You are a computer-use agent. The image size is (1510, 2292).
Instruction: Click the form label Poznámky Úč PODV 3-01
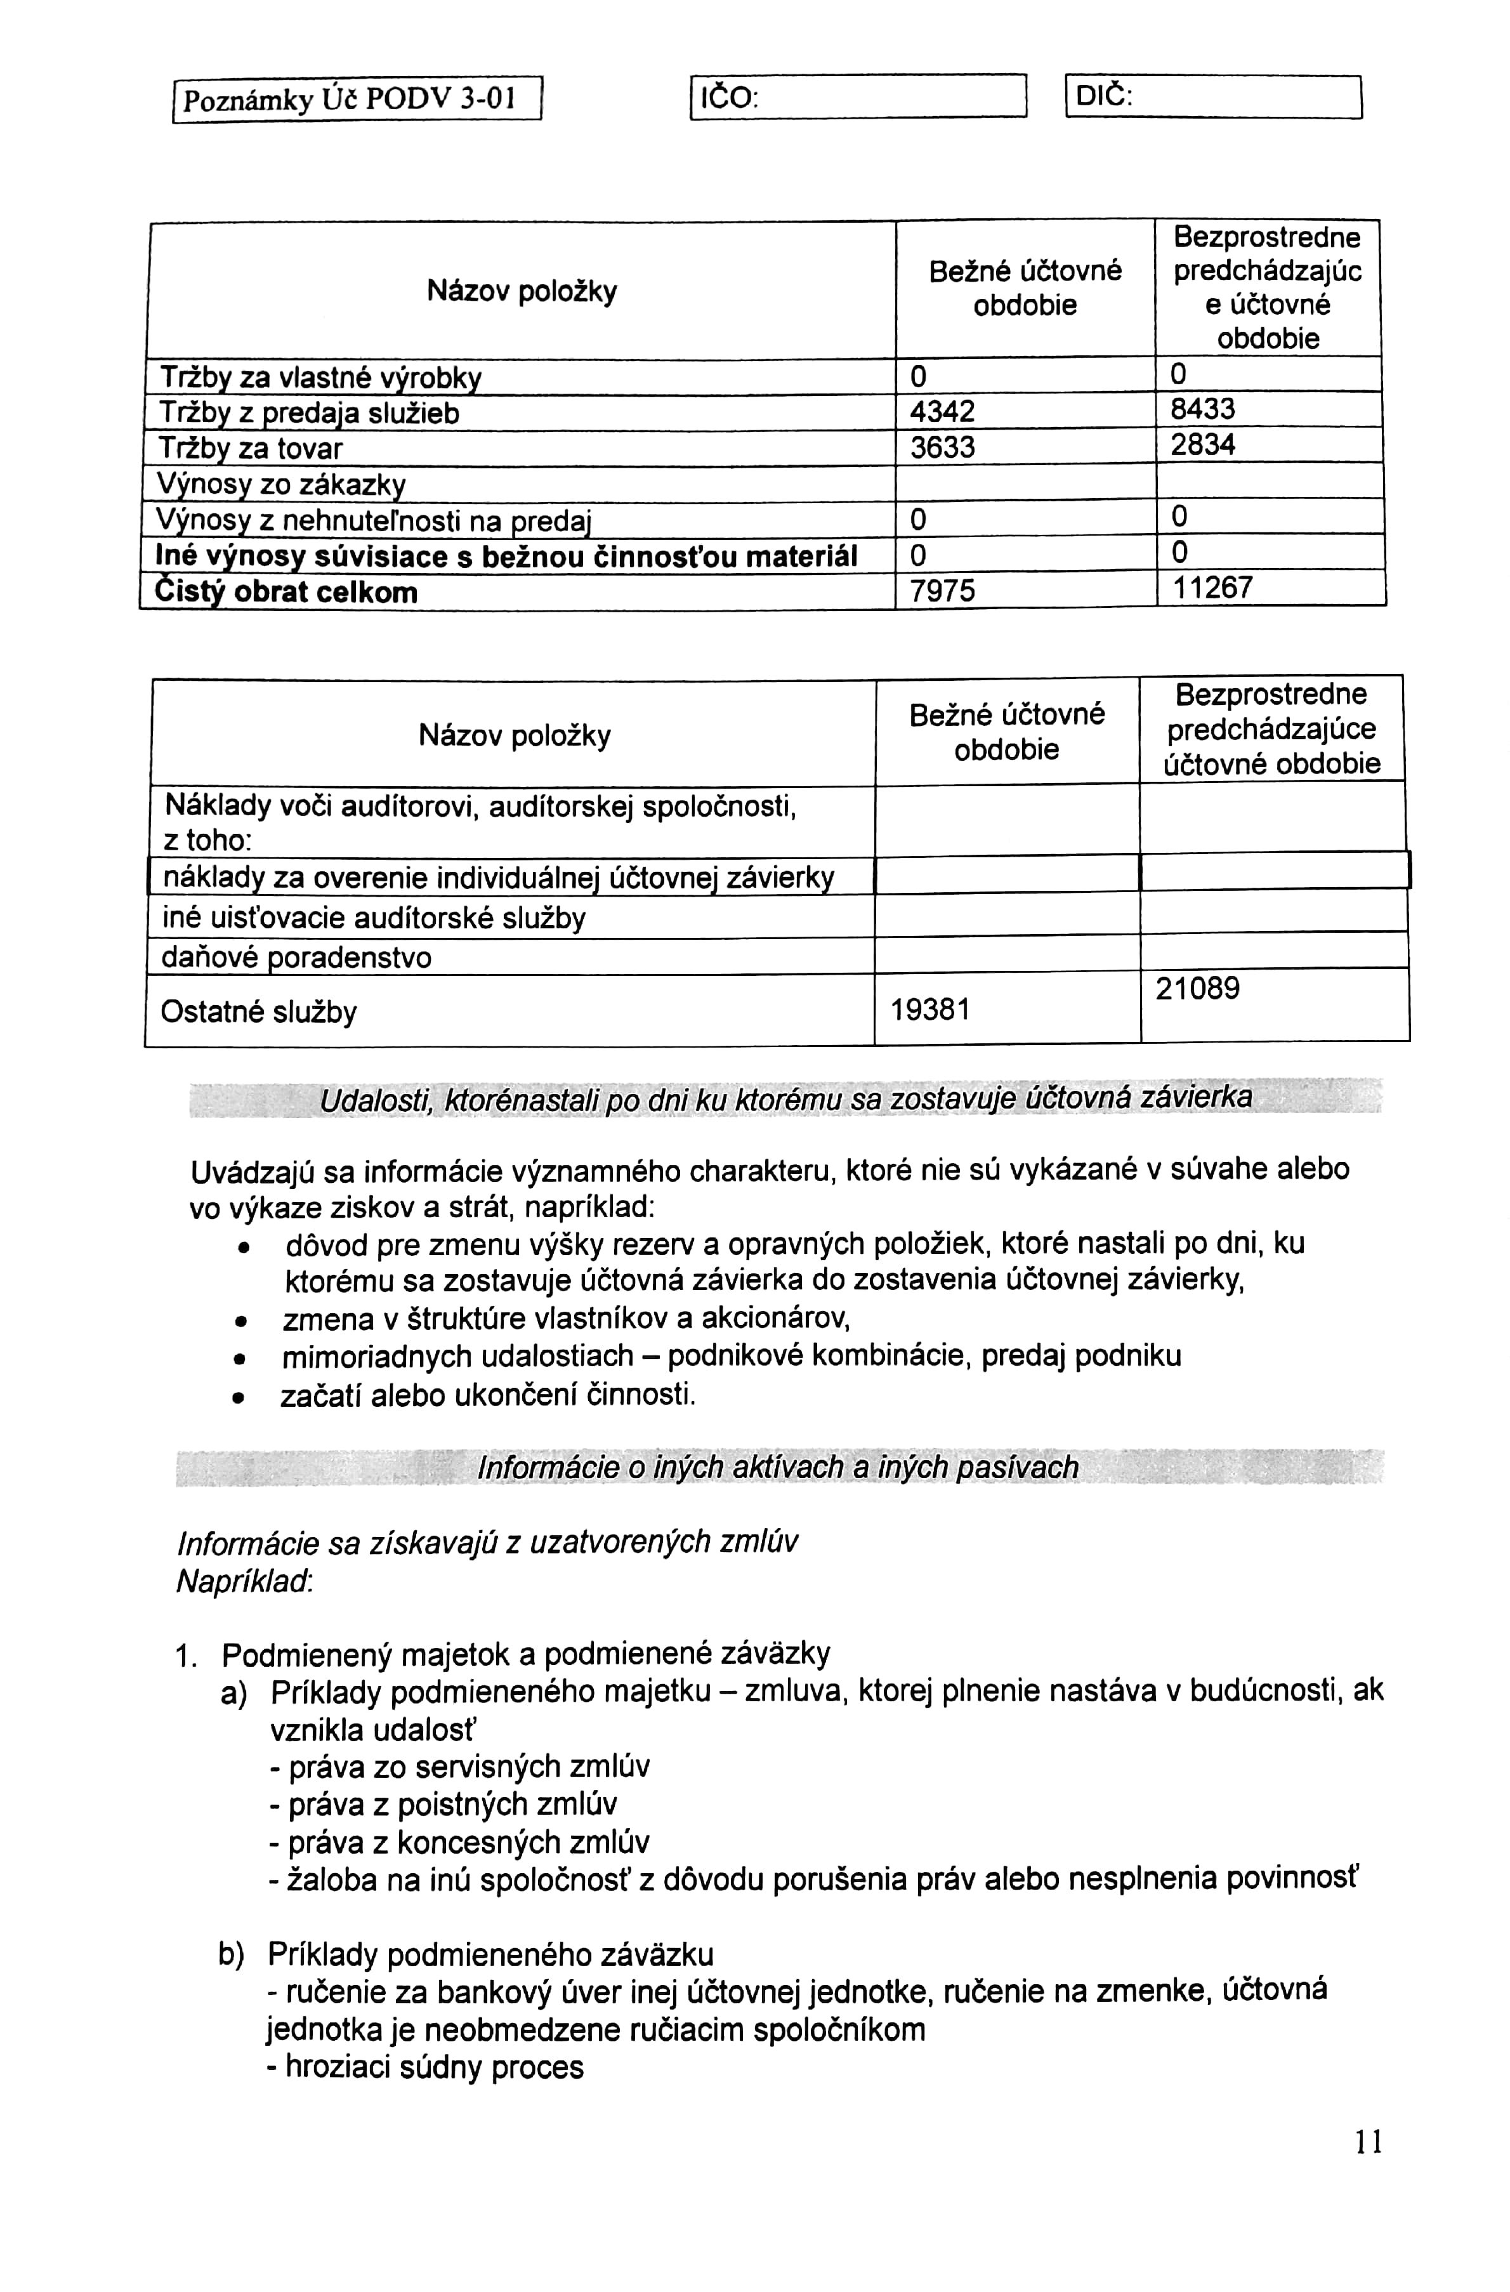pos(348,99)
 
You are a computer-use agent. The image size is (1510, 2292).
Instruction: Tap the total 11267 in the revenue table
pos(1212,588)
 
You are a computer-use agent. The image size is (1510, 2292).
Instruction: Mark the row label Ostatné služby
pos(258,1011)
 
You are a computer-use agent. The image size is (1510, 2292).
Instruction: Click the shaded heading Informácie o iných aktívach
pos(778,1468)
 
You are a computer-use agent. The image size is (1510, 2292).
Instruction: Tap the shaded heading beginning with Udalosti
pos(786,1098)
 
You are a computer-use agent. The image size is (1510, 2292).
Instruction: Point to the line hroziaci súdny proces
pos(426,2067)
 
